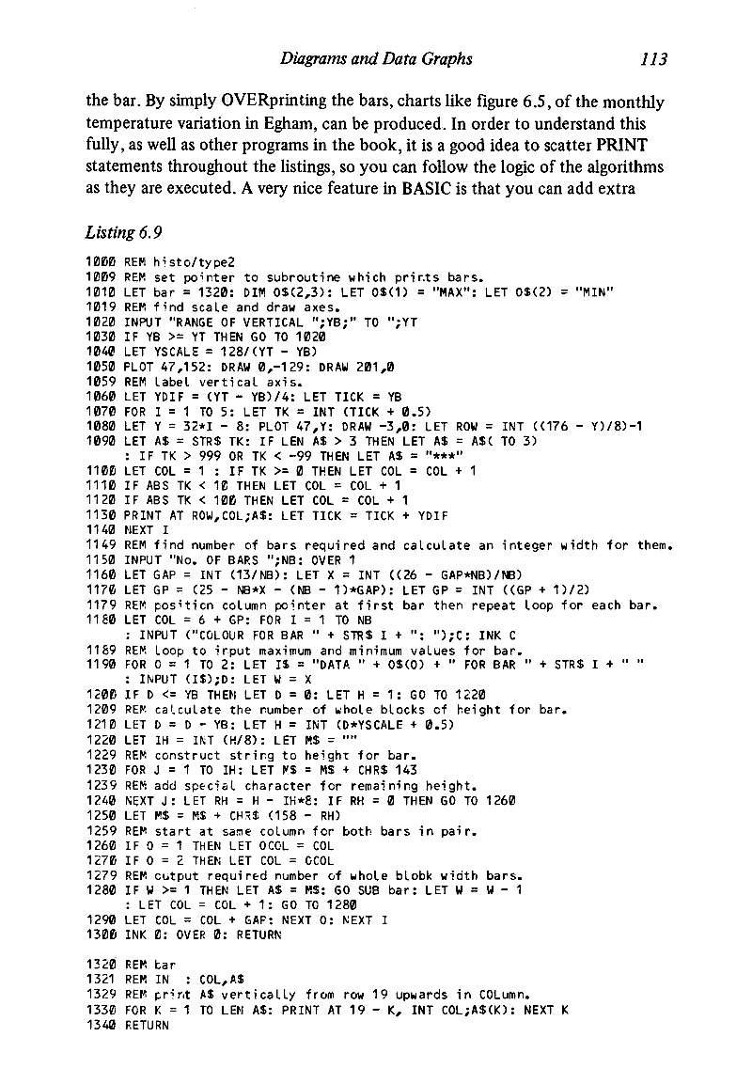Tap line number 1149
(x=101, y=492)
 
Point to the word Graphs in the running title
(x=444, y=60)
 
